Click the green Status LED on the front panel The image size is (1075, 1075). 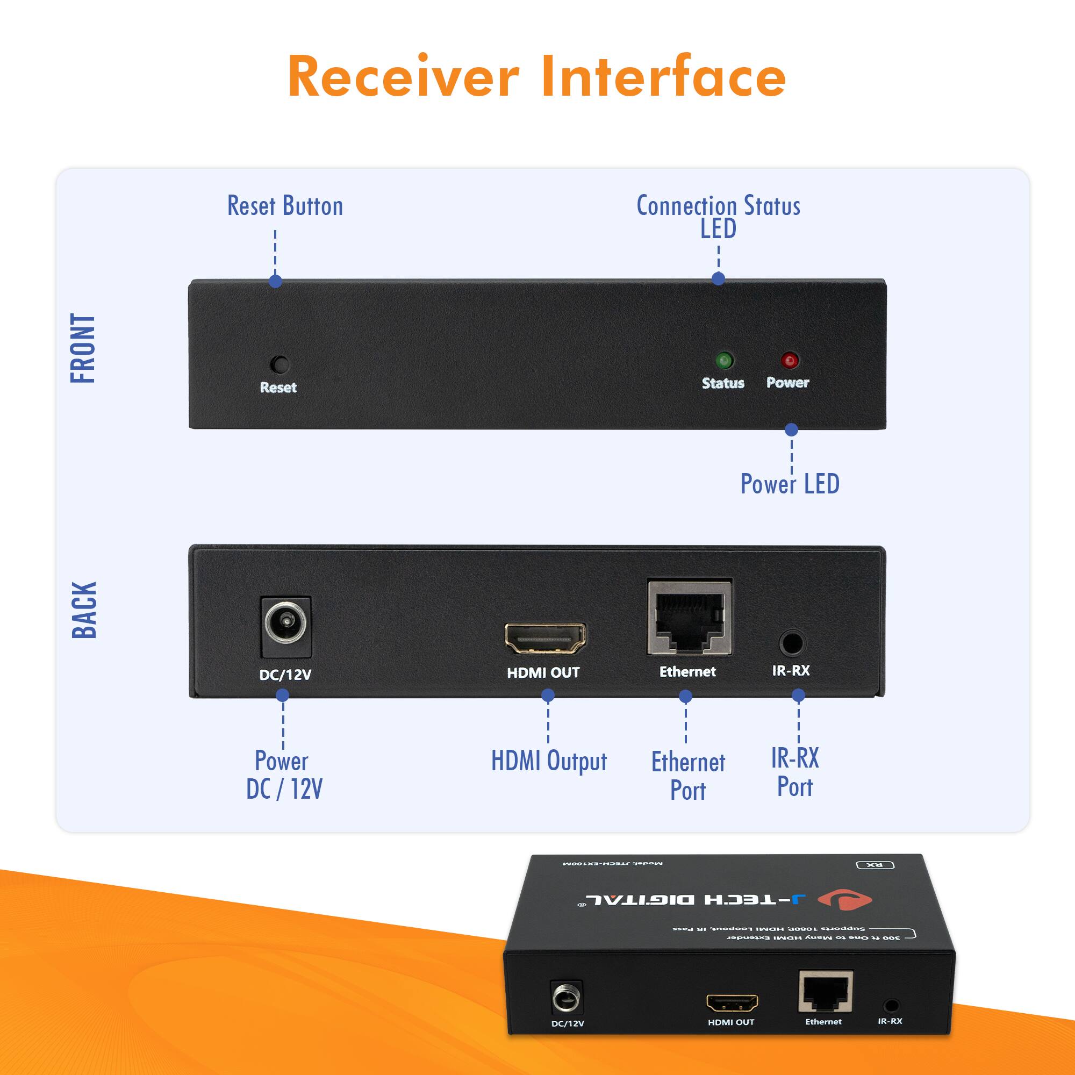click(x=724, y=361)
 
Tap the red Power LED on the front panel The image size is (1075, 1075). click(x=790, y=361)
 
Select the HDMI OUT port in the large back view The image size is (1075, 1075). click(x=544, y=638)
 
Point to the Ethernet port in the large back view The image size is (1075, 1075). click(x=690, y=619)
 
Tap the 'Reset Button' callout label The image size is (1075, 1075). click(x=285, y=206)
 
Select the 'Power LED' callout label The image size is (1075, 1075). click(x=790, y=484)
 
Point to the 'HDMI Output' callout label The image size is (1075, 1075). click(x=549, y=761)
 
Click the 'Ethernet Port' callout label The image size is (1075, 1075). click(x=689, y=776)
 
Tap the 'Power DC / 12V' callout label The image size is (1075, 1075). click(x=284, y=775)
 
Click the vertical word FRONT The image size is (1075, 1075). click(x=83, y=348)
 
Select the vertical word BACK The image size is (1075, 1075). click(x=84, y=610)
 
